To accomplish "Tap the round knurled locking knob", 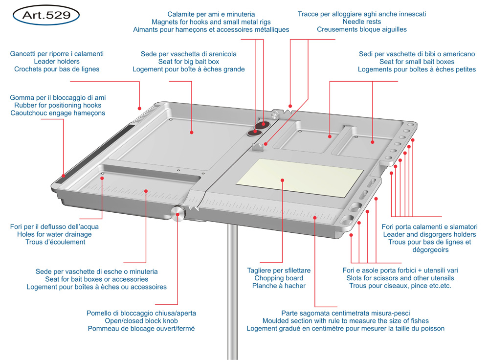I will click(178, 214).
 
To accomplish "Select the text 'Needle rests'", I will click(361, 22).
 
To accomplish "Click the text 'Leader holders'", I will click(57, 62).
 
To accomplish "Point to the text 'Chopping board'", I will click(279, 278).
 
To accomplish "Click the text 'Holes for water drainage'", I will click(54, 234).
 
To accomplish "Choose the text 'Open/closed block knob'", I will click(141, 321).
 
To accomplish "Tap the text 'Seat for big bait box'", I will click(188, 62).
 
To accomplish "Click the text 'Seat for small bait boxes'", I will click(417, 62).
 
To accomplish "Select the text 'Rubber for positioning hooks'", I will click(58, 105).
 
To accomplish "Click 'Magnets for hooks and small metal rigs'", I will click(211, 22).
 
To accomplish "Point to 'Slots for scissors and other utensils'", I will click(400, 278).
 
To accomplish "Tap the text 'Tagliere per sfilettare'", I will click(279, 270).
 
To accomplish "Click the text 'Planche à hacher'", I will click(279, 286).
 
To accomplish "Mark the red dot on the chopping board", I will click(283, 180).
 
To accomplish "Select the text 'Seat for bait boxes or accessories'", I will click(96, 279).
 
